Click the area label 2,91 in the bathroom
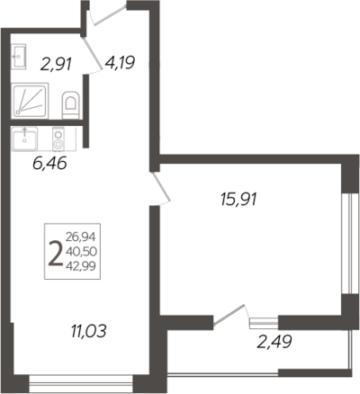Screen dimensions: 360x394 (x=56, y=64)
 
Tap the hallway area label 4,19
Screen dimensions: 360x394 (x=120, y=63)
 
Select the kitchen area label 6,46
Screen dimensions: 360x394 (x=49, y=164)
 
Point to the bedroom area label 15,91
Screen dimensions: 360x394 (x=238, y=200)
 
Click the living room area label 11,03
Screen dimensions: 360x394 (x=89, y=332)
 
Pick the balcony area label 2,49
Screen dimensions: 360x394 (x=274, y=342)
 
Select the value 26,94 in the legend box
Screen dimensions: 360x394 (x=80, y=237)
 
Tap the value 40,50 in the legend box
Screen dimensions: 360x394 (x=81, y=252)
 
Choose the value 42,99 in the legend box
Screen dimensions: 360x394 (x=81, y=265)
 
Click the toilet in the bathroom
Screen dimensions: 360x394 (x=71, y=104)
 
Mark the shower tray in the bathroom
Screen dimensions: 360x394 (x=30, y=101)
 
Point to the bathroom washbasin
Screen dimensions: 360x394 (x=19, y=57)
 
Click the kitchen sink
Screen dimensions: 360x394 (x=24, y=139)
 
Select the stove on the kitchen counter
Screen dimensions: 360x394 (x=58, y=139)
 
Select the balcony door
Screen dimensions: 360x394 (x=230, y=315)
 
